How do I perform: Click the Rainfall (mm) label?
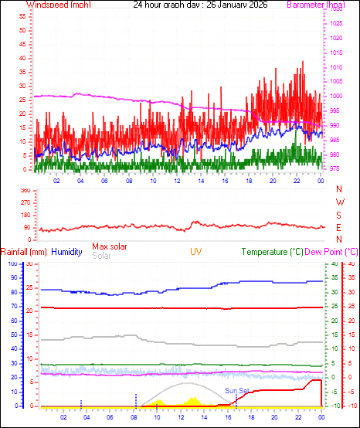pyautogui.click(x=24, y=252)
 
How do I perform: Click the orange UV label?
pyautogui.click(x=196, y=252)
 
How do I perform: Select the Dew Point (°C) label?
pyautogui.click(x=331, y=252)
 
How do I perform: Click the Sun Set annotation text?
pyautogui.click(x=237, y=391)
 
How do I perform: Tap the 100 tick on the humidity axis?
pyautogui.click(x=12, y=263)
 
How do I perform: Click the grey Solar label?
pyautogui.click(x=101, y=255)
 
